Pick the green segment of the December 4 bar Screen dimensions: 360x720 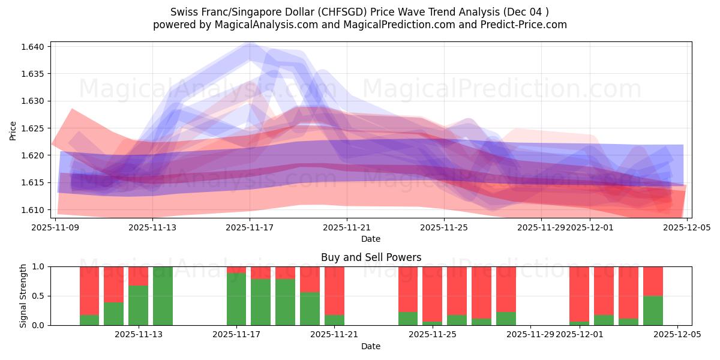click(653, 310)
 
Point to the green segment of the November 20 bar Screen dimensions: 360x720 click(310, 308)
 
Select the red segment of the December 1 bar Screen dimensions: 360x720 click(579, 294)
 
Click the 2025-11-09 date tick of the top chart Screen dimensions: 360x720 click(56, 227)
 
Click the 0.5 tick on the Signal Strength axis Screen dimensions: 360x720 click(40, 296)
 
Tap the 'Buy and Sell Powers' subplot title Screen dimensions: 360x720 click(371, 257)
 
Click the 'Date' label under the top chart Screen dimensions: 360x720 click(371, 239)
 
